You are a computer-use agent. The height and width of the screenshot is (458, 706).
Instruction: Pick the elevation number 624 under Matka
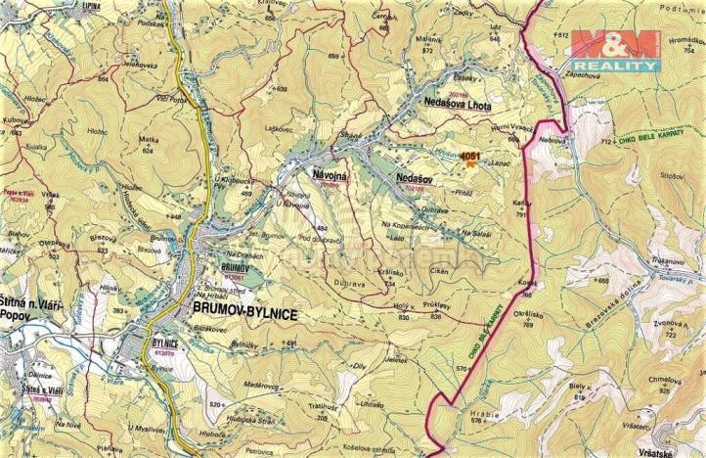(149, 152)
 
